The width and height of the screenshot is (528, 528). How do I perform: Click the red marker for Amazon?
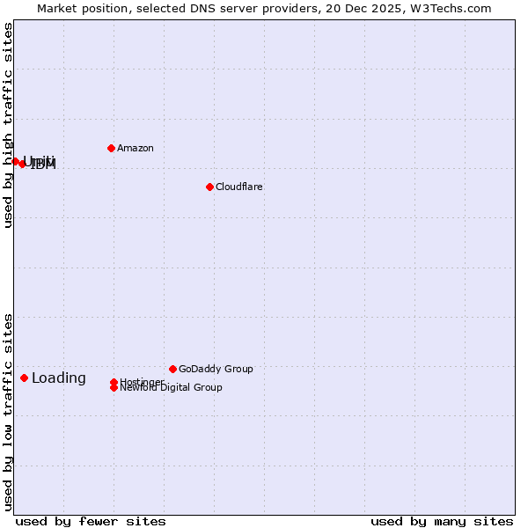111,148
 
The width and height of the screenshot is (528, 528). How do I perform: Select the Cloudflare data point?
209,187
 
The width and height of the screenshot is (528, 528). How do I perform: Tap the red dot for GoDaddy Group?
172,369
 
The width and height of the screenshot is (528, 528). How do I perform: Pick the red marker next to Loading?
24,378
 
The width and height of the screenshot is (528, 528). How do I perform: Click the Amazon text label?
136,148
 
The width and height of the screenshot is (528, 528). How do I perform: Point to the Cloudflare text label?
239,187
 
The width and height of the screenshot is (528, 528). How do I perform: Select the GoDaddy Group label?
216,369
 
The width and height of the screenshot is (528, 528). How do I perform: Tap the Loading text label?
59,378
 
